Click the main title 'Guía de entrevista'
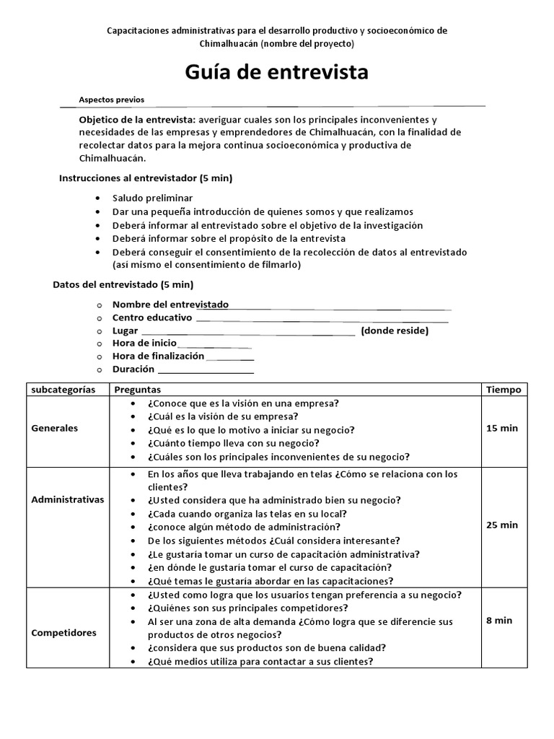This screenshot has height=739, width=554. (277, 72)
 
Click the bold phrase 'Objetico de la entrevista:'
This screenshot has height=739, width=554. (136, 119)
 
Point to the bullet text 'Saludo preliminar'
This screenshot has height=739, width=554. (152, 198)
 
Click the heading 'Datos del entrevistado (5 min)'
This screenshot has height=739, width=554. (123, 284)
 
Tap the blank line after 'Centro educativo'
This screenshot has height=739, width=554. (322, 319)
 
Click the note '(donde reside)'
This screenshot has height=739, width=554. (395, 331)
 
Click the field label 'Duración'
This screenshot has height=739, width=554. (133, 369)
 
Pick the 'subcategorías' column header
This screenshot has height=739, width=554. (63, 389)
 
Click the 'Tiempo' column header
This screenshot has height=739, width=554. (503, 389)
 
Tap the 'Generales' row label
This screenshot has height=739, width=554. (54, 428)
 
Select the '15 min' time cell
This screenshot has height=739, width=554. (502, 428)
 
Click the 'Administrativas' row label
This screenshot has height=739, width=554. (67, 499)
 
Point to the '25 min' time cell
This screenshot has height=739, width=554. (502, 525)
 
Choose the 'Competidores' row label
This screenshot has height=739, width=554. (63, 633)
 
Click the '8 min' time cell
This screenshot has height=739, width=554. (499, 620)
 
